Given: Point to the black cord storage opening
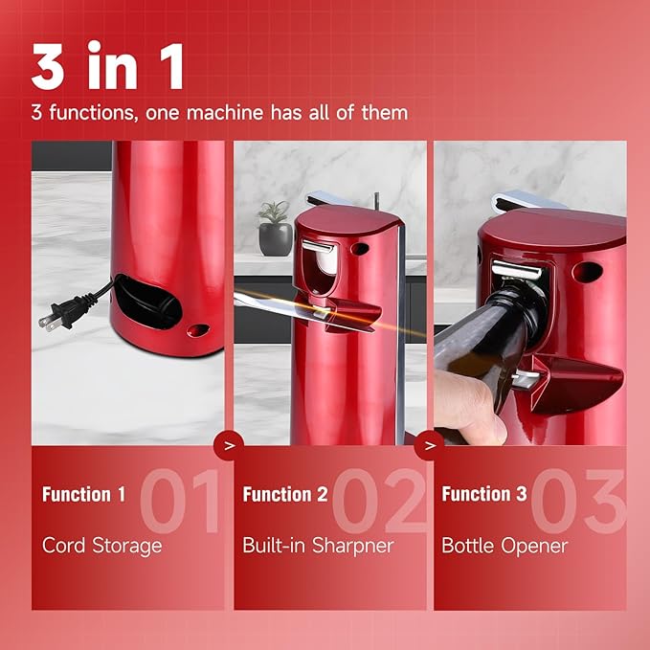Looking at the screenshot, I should [x=148, y=305].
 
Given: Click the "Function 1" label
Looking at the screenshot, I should [x=83, y=495].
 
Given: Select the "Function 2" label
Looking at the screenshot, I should [x=285, y=495].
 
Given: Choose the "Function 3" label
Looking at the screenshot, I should [x=484, y=495].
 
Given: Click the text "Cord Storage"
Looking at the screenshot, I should [x=101, y=546].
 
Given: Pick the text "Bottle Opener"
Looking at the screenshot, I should [x=504, y=546].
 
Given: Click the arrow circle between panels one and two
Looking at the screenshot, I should [x=227, y=446].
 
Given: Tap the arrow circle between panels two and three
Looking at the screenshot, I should [x=429, y=446].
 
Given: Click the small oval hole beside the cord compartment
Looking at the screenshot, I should [x=198, y=330].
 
